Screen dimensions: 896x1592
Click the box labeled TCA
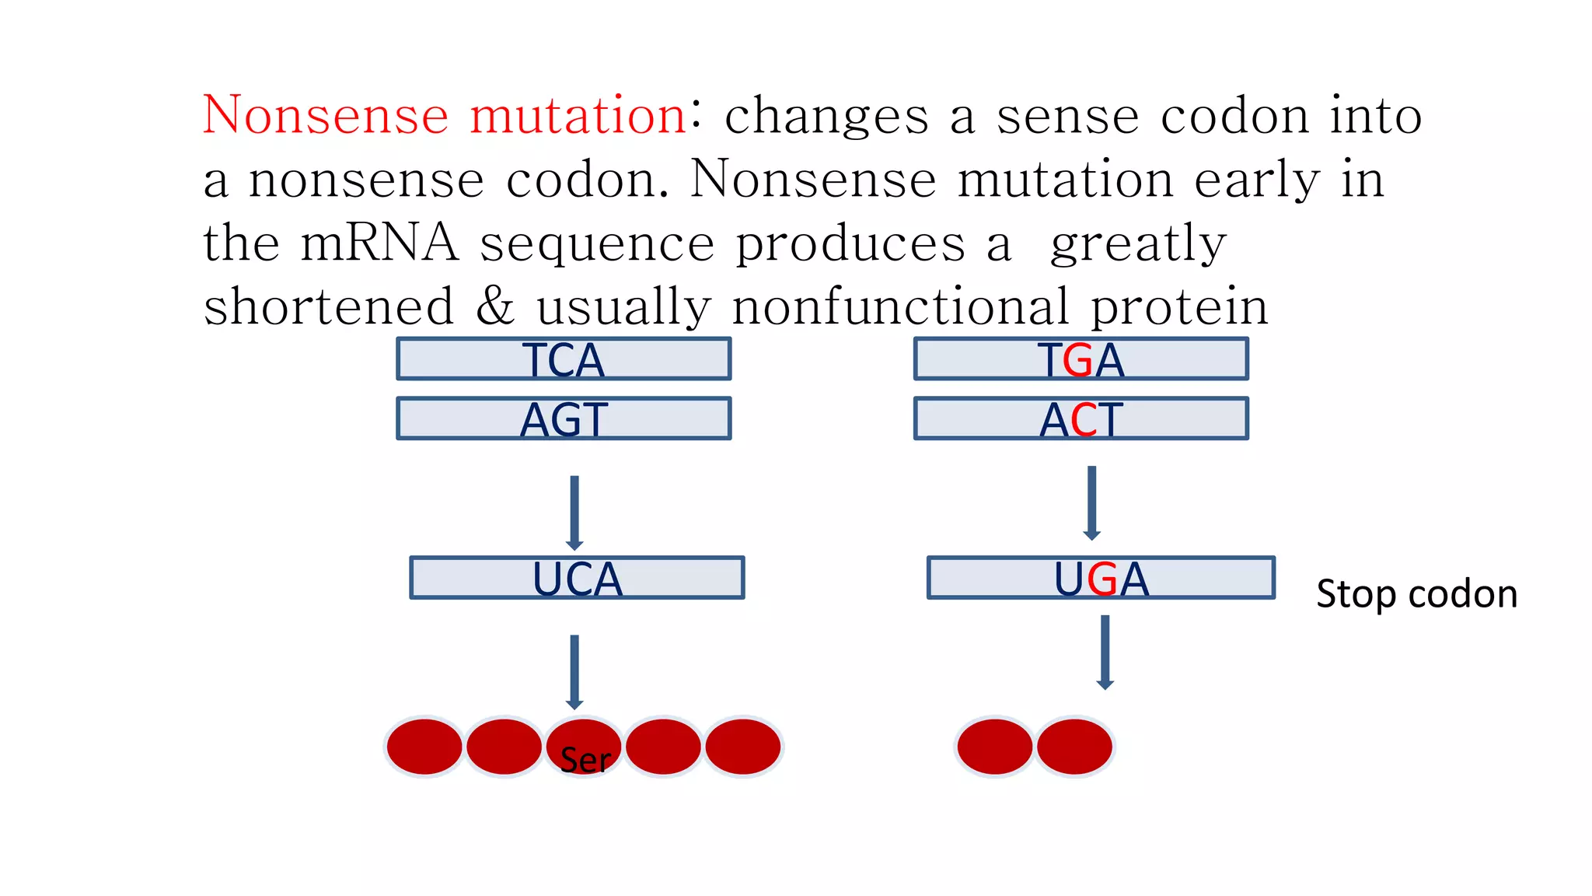564,359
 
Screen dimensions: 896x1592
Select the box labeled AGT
564,419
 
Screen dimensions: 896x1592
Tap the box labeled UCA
577,578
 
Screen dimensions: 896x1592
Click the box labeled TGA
1081,359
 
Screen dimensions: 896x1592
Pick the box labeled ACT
1081,419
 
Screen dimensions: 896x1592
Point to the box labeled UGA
1101,578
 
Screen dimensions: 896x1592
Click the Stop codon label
1416,594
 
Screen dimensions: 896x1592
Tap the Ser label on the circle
585,760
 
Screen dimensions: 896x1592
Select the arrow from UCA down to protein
574,671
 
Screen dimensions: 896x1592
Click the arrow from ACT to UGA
1091,502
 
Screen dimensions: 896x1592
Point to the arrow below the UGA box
1105,652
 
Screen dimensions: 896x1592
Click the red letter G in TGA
1077,361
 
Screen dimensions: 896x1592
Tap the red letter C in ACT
1084,421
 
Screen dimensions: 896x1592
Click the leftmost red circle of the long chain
424,747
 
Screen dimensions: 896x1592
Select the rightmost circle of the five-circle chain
743,747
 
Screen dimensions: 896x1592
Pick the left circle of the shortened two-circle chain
995,747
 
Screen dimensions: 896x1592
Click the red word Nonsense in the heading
326,115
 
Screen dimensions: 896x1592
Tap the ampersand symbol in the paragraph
495,306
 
